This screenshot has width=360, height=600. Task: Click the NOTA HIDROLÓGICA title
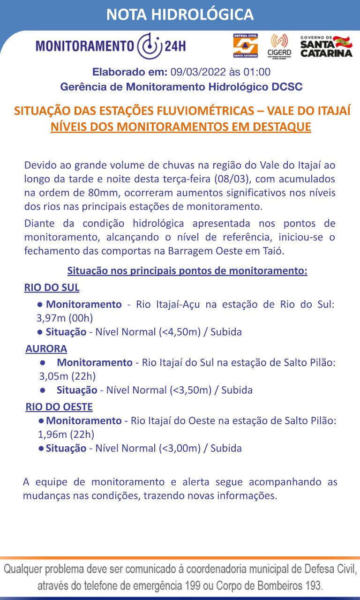(180, 15)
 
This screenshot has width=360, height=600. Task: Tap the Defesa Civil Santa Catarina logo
(246, 46)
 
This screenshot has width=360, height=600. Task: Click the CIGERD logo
(279, 46)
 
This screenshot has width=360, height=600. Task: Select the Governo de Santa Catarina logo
(326, 46)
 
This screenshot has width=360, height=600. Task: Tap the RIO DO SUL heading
(52, 287)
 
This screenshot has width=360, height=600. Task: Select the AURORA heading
(46, 349)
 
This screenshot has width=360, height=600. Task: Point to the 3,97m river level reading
(52, 318)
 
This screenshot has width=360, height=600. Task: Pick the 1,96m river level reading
(52, 434)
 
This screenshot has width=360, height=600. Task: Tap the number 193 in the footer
(312, 585)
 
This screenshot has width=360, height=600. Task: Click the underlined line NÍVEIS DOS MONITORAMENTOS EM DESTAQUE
(180, 127)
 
